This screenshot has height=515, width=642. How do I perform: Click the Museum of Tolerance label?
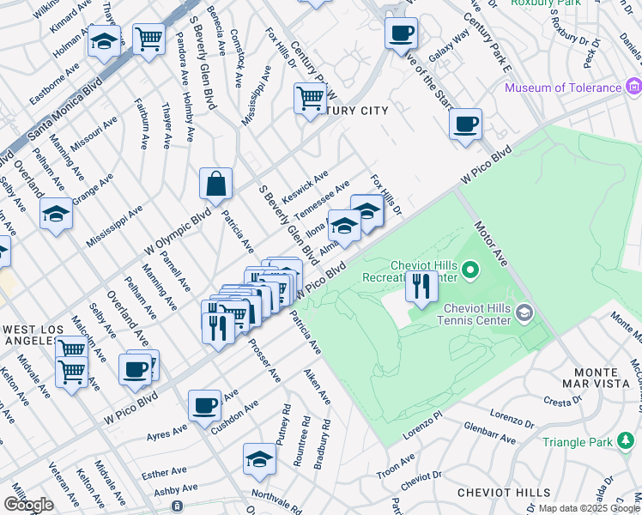coord(562,88)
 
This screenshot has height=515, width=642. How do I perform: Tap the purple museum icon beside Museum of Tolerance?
coord(634,87)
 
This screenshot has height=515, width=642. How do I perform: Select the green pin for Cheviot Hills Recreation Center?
coord(469,272)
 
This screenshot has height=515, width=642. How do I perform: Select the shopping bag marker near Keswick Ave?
coord(215,183)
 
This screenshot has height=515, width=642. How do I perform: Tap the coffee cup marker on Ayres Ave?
coord(204,404)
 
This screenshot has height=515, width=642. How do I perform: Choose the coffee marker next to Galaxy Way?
coord(401,33)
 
